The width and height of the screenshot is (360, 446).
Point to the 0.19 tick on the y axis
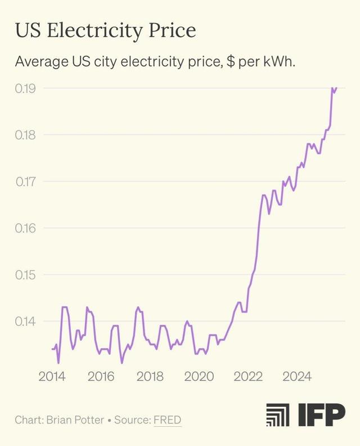click(x=25, y=88)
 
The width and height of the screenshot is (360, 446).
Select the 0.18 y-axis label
click(x=25, y=135)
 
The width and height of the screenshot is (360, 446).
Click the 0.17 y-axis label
click(x=25, y=182)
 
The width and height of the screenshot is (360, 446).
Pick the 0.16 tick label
click(x=25, y=229)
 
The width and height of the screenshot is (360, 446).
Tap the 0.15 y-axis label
click(x=25, y=275)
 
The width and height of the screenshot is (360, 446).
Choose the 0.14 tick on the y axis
click(x=25, y=322)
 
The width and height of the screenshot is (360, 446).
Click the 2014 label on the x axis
click(x=52, y=376)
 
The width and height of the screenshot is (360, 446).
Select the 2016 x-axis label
click(x=101, y=376)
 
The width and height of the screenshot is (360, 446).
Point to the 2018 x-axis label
click(x=150, y=376)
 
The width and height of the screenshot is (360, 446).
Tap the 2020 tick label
click(x=199, y=376)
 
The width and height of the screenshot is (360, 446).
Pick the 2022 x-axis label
click(x=248, y=376)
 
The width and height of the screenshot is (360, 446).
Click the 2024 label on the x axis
click(x=297, y=376)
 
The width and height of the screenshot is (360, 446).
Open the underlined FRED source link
click(x=167, y=420)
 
